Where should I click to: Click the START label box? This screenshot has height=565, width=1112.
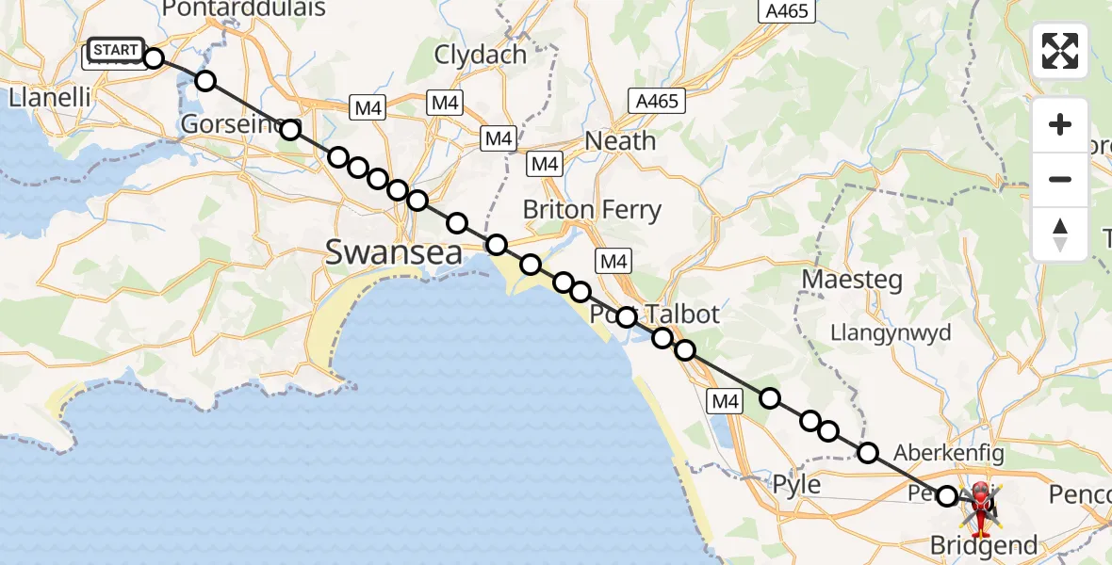pos(116,50)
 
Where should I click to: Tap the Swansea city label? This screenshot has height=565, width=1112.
pos(394,252)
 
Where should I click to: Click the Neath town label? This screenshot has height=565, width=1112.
pos(620,141)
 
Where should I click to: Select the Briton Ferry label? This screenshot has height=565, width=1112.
pos(592,210)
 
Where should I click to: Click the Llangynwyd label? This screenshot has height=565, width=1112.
pos(891,332)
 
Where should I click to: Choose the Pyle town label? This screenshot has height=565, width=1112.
pos(795,486)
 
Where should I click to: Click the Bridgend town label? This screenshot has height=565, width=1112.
pos(983,545)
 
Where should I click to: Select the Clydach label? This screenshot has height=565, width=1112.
pos(480,55)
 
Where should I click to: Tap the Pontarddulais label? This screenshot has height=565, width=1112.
pos(244,9)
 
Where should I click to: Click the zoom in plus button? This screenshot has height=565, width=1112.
pos(1060,125)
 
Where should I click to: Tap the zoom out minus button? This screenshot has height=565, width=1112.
pos(1060,179)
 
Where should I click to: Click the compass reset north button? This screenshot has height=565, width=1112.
pos(1060,234)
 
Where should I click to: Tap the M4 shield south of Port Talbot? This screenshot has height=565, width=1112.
pos(725,402)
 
